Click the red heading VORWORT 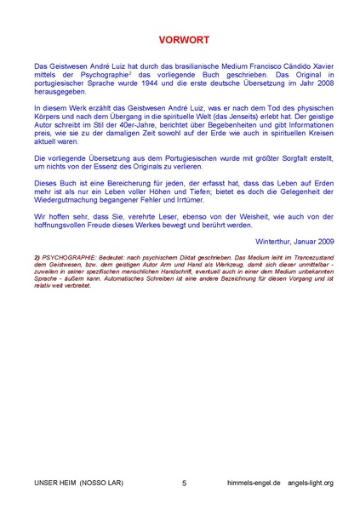pos(180,40)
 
